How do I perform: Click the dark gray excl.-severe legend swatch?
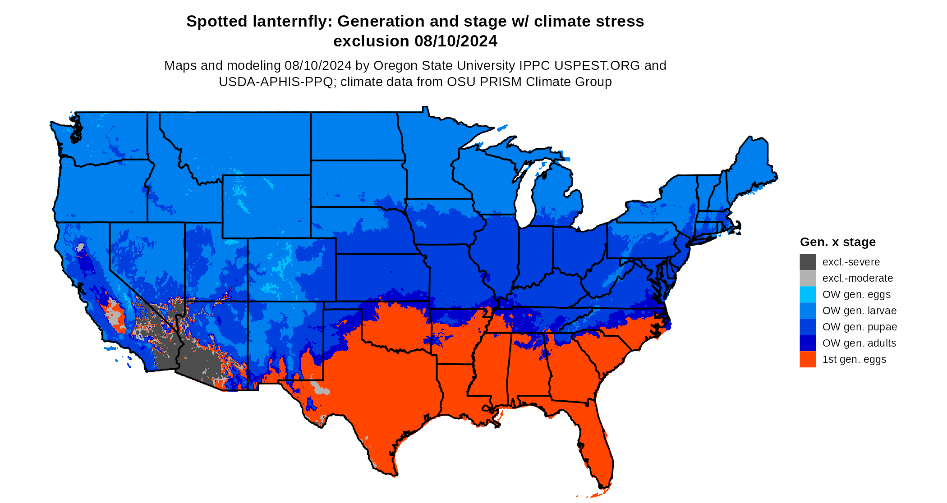(808, 262)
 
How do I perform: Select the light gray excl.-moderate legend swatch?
(808, 278)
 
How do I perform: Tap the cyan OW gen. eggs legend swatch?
(808, 294)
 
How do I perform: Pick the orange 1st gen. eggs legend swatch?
(808, 359)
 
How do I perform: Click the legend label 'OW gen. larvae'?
(859, 311)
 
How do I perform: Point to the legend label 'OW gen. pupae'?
(860, 327)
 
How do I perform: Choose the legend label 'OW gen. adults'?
(859, 343)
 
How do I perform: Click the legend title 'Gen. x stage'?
(837, 242)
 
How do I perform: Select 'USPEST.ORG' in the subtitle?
(597, 65)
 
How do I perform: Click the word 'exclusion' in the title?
(371, 41)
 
